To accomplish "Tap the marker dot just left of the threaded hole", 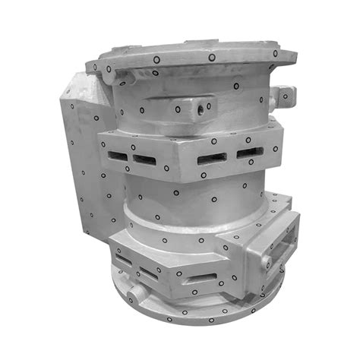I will pos(178,109).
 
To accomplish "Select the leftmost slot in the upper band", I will pos(115,155).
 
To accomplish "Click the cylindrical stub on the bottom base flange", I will pos(136,293).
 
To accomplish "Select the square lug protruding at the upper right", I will pos(285,95).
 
